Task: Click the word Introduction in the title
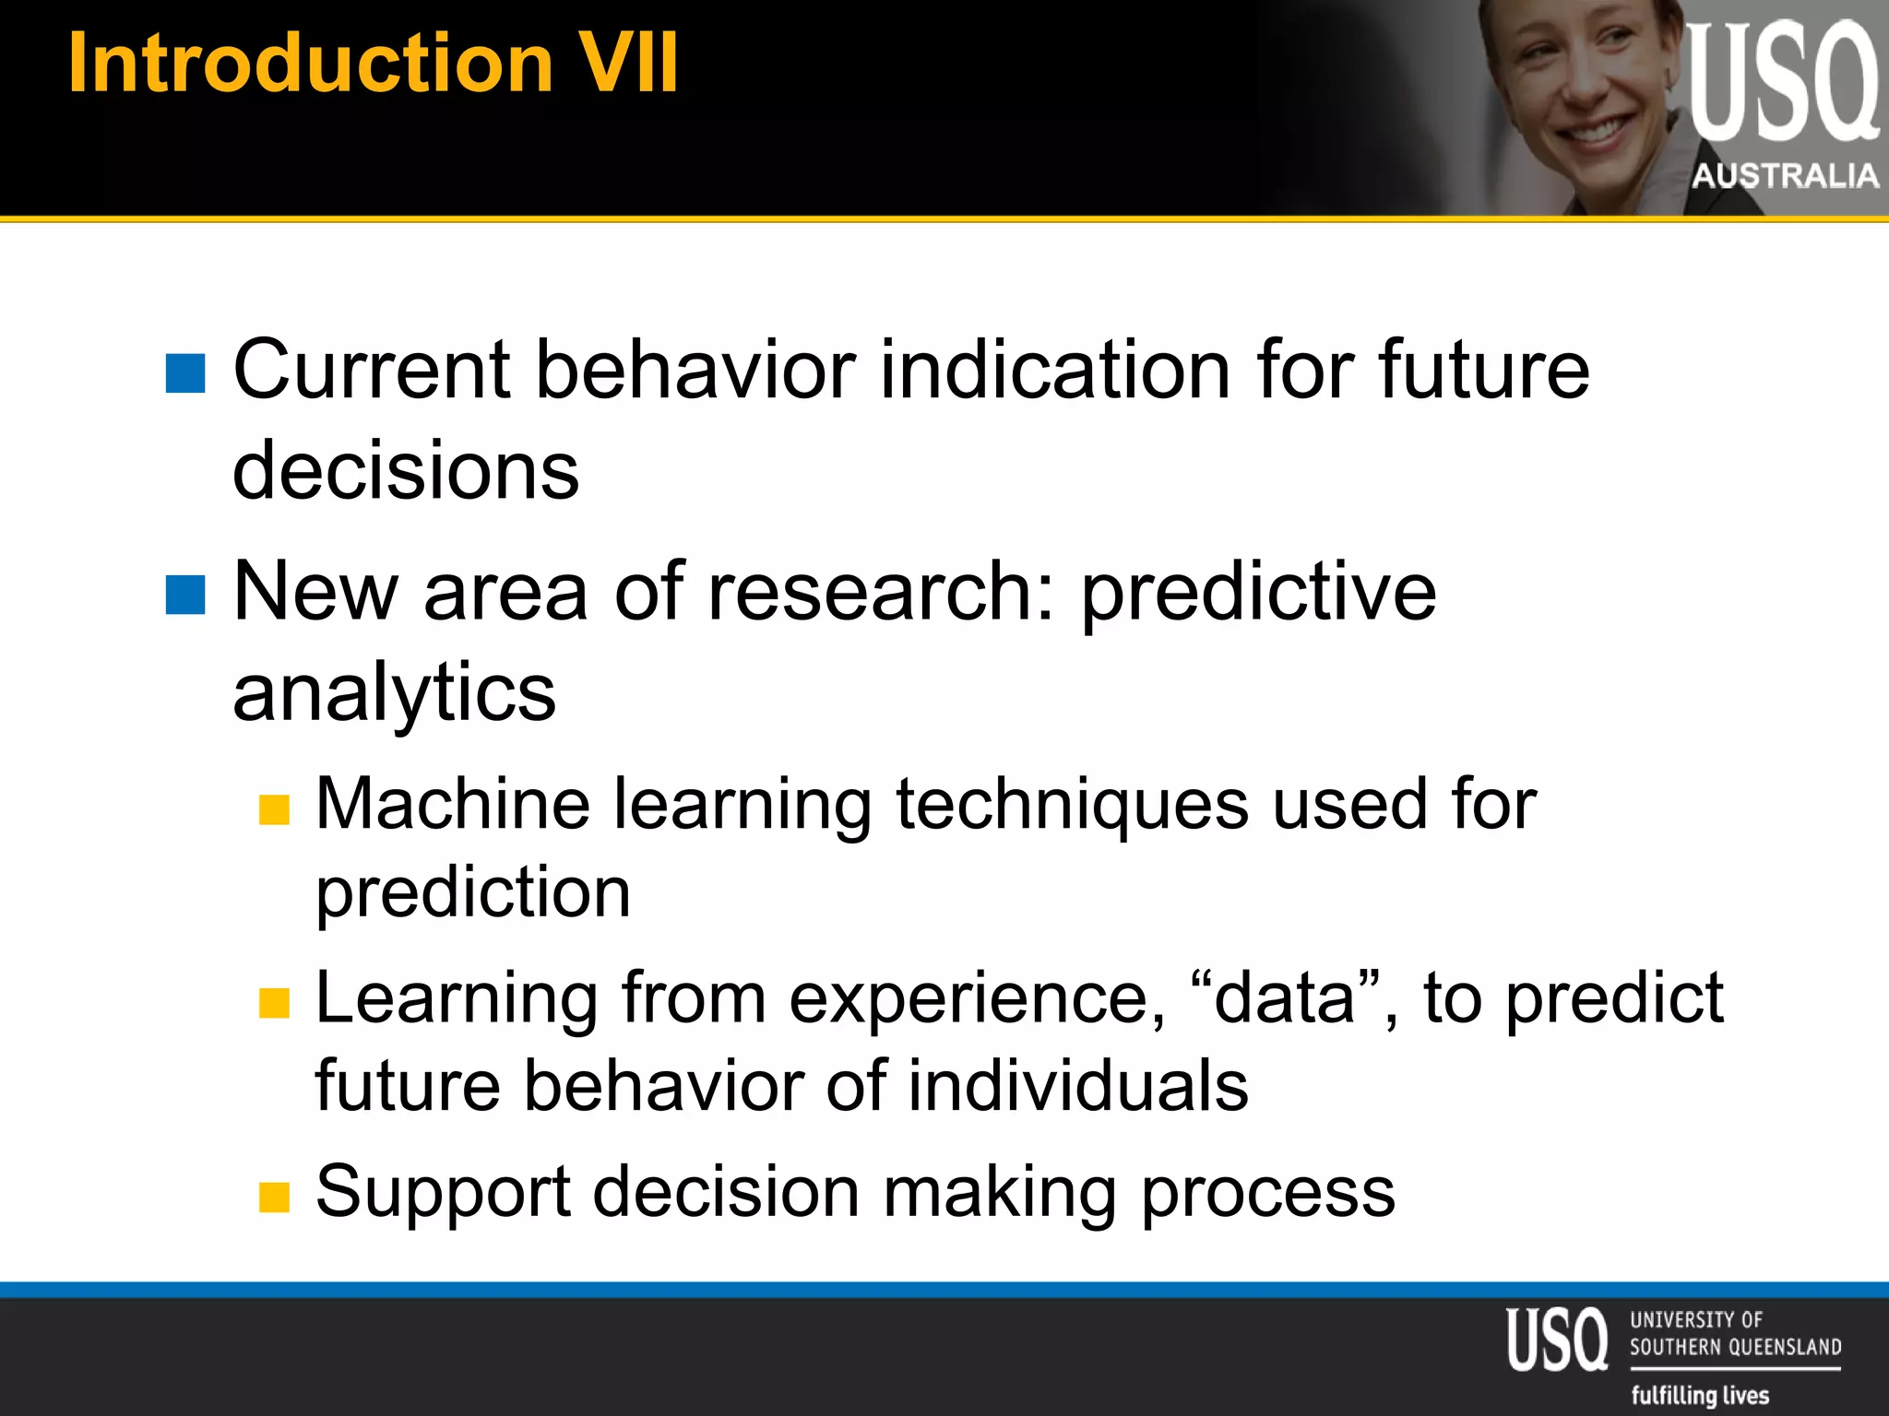click(310, 63)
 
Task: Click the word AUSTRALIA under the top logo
click(1785, 175)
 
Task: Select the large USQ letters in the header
click(1782, 83)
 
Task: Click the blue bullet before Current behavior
click(185, 373)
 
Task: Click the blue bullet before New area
click(185, 595)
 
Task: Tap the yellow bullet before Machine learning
click(274, 809)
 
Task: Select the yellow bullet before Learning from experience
click(274, 1003)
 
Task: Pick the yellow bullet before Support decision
click(274, 1197)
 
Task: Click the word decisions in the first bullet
click(406, 470)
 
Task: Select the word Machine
click(453, 804)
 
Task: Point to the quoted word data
click(1284, 999)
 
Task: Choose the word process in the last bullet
click(1267, 1193)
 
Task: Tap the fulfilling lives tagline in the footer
click(1700, 1395)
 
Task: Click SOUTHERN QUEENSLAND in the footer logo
click(1734, 1347)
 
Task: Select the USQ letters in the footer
click(1557, 1339)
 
